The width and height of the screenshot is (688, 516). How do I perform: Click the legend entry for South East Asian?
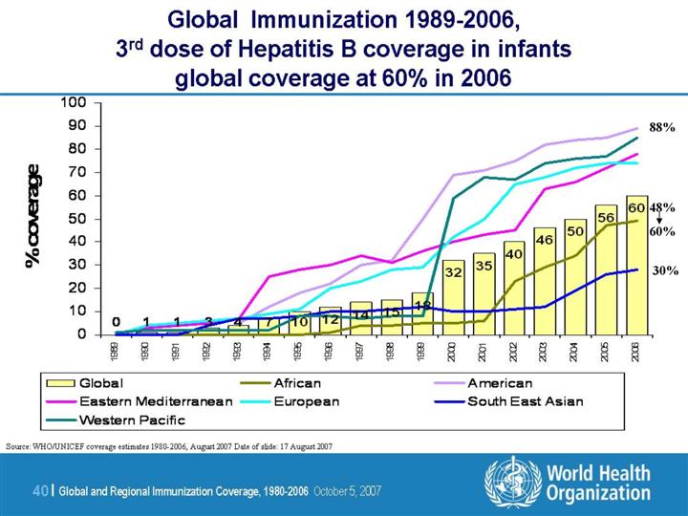coord(524,401)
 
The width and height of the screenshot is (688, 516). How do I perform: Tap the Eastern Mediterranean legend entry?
coord(161,401)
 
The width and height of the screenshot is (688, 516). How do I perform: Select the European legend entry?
coord(308,401)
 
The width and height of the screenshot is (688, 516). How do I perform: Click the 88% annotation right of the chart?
coord(662,127)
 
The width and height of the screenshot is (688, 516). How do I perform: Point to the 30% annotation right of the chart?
coord(664,270)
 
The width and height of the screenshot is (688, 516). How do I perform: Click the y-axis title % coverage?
coord(35,217)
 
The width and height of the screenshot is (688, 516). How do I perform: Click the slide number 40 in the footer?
coord(40,490)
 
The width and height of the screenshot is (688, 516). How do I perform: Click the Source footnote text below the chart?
coord(169,446)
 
